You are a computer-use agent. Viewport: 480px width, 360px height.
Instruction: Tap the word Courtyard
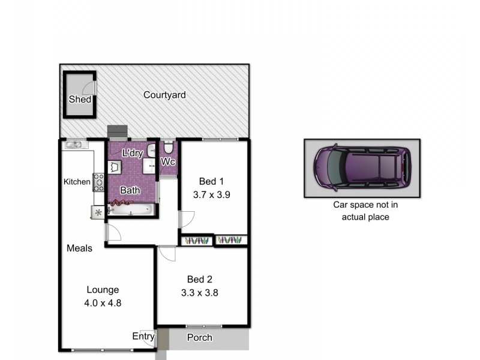coord(164,95)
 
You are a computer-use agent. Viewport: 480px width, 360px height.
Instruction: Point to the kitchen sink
coord(74,145)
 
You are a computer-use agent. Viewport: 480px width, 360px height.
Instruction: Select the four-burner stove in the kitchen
coord(98,182)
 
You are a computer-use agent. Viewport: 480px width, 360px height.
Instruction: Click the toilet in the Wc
coord(169,148)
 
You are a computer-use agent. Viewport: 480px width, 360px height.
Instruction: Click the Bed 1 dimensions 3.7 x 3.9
coord(212,194)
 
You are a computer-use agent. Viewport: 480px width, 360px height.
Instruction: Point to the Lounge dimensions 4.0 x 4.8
coord(103,303)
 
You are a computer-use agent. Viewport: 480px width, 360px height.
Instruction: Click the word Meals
coord(79,248)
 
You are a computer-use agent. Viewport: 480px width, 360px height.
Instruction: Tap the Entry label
coord(143,337)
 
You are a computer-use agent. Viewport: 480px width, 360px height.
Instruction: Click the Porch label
coord(199,337)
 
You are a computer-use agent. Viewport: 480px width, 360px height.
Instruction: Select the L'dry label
coord(132,154)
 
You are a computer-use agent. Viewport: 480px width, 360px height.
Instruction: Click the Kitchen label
coord(77,182)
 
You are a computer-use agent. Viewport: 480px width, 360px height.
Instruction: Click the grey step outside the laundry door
coord(118,131)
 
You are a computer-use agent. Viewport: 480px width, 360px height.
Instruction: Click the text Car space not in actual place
coord(365,211)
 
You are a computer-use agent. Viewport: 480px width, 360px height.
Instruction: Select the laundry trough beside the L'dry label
coord(115,167)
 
